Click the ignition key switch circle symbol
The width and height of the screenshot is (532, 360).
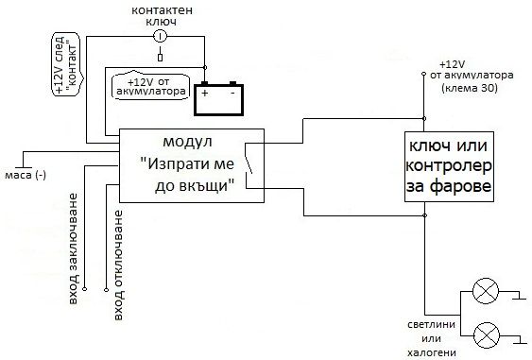point(160,36)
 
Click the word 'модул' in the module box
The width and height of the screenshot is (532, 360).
point(185,142)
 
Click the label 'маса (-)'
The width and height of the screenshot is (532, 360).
point(25,176)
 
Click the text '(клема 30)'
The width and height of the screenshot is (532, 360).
point(469,88)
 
